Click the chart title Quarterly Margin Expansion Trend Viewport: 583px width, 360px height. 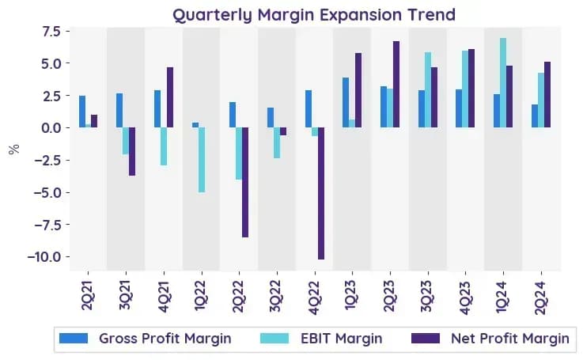coord(314,15)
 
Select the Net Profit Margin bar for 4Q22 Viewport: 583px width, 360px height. coord(321,193)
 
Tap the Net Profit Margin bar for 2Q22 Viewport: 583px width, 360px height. coord(245,182)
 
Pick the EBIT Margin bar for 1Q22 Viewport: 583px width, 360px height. coord(202,160)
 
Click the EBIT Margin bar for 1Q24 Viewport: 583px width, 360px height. coord(503,83)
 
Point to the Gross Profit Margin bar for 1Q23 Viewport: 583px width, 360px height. coord(346,103)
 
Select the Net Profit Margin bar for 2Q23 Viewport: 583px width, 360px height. coord(396,85)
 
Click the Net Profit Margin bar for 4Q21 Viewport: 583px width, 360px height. coord(170,97)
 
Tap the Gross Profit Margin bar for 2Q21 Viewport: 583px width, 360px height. coord(82,112)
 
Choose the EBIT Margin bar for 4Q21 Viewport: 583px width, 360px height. coord(164,146)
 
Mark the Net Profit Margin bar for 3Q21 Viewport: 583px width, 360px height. coord(132,151)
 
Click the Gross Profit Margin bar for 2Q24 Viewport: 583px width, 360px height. coord(535,116)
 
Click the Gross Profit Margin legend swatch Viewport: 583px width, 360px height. coord(74,338)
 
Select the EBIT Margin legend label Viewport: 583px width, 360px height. coord(341,339)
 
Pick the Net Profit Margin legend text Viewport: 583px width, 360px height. coord(510,339)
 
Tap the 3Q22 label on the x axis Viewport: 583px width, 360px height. coord(277,297)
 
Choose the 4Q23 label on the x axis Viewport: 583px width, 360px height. coord(465,298)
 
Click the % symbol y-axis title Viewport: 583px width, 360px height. coord(14,150)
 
